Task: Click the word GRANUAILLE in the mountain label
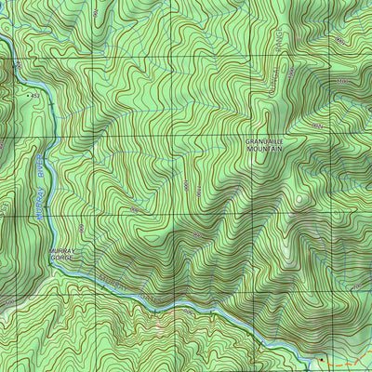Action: (265, 141)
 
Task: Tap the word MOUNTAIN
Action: (265, 149)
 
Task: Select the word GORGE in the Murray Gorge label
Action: (61, 258)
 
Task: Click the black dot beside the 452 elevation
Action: (29, 95)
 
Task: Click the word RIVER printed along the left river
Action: (46, 167)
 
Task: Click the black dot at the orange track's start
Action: (322, 359)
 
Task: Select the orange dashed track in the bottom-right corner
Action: (349, 358)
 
